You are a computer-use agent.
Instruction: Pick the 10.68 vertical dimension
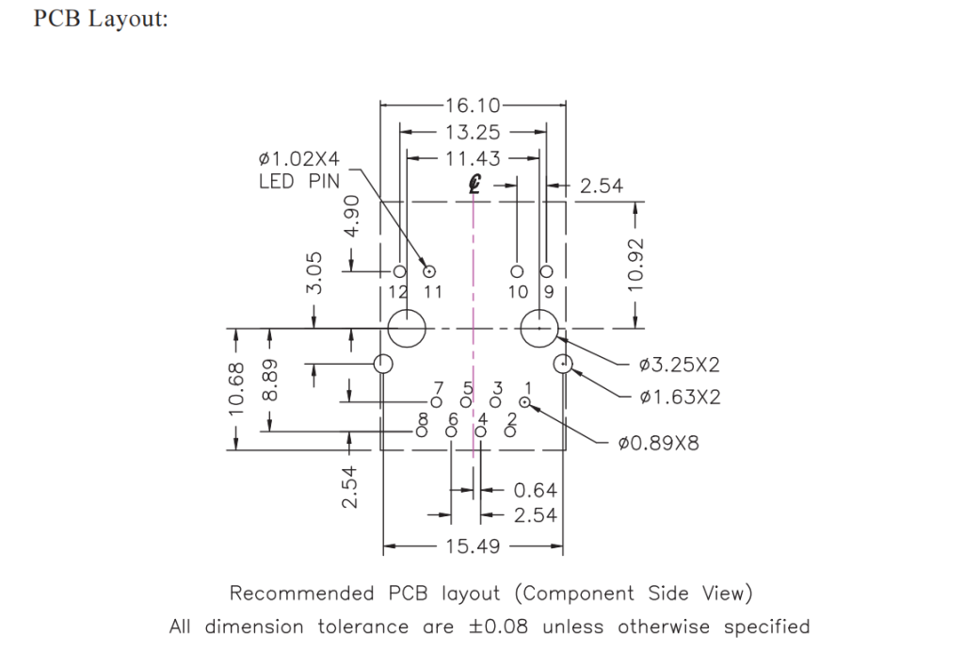pyautogui.click(x=236, y=388)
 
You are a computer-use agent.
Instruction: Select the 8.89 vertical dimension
pyautogui.click(x=270, y=380)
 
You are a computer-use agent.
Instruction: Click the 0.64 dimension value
pyautogui.click(x=536, y=490)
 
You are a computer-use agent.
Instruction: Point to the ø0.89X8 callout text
pyautogui.click(x=659, y=443)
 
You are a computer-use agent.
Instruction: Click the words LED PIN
pyautogui.click(x=298, y=182)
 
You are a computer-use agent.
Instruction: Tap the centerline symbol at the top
pyautogui.click(x=475, y=186)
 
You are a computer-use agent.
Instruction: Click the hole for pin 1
pyautogui.click(x=524, y=403)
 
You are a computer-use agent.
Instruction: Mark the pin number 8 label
pyautogui.click(x=423, y=418)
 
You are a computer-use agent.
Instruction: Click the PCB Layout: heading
pyautogui.click(x=101, y=20)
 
